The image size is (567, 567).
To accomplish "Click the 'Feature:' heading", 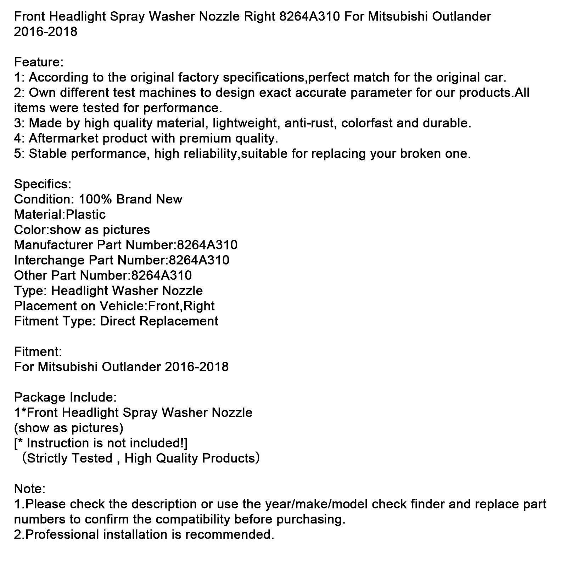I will click(x=39, y=62).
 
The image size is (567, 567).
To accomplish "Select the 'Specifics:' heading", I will click(x=43, y=184).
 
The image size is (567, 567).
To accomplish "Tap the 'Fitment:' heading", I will click(x=38, y=352).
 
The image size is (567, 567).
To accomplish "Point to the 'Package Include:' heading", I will click(x=65, y=398).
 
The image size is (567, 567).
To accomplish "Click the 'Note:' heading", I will click(x=30, y=489).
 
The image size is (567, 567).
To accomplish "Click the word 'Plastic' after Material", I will click(x=86, y=215).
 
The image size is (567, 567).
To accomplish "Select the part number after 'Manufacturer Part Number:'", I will click(x=207, y=245).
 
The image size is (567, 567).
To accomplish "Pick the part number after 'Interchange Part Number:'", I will click(x=199, y=260).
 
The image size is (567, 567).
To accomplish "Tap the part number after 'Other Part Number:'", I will click(x=161, y=276).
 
